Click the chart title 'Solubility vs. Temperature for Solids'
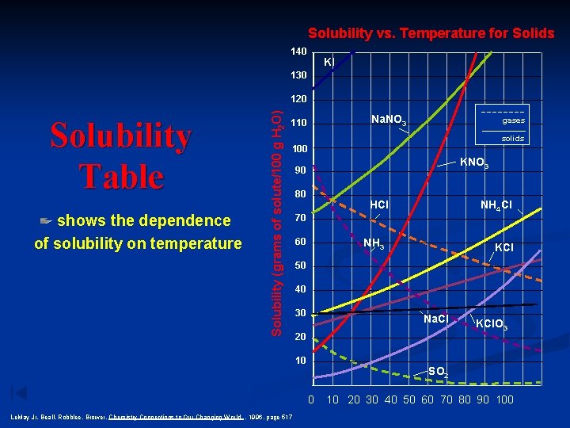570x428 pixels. pos(431,33)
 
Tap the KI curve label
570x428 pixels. pos(329,61)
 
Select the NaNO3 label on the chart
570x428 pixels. pos(389,120)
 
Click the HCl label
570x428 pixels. pos(379,205)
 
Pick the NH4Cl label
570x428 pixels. pos(496,206)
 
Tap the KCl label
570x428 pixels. pos(504,247)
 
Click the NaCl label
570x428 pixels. pos(436,319)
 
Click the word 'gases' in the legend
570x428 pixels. pos(513,121)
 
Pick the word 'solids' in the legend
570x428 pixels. pos(512,139)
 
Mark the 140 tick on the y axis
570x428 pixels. pos(298,52)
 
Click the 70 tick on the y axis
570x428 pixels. pos(300,218)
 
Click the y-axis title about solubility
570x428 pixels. pos(276,215)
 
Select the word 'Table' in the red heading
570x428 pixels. pos(121,176)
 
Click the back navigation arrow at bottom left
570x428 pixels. pos(19,392)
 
